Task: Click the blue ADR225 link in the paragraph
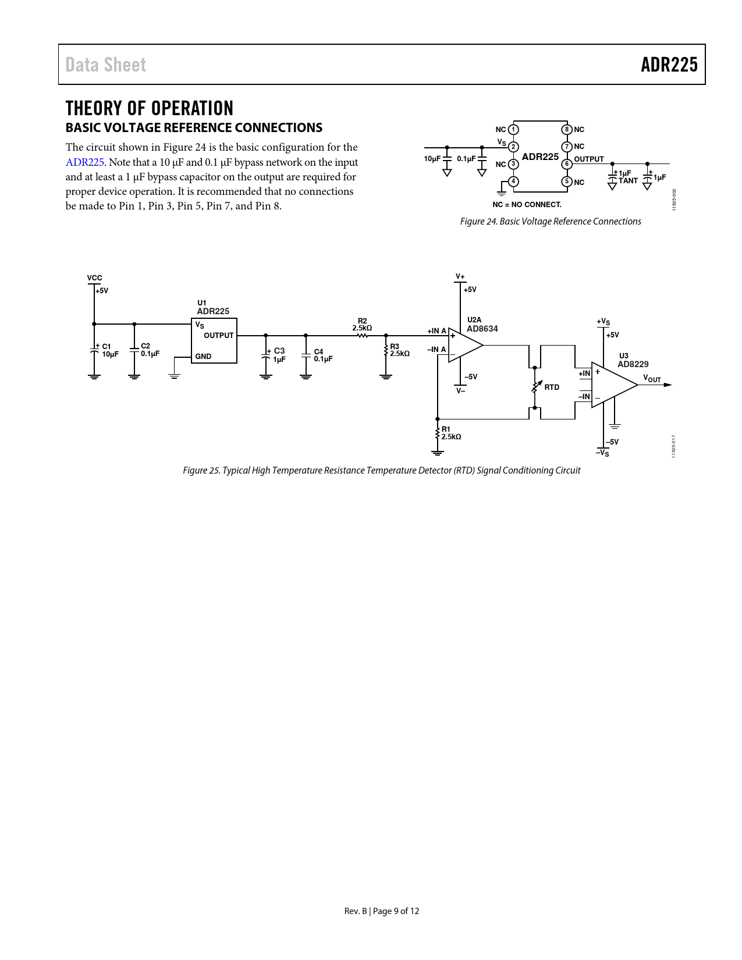[x=84, y=162]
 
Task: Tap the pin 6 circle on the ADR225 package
[x=567, y=164]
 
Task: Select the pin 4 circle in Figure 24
[x=513, y=182]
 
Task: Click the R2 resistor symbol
[x=363, y=335]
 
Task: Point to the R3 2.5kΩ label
[x=399, y=350]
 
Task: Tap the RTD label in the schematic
[x=552, y=387]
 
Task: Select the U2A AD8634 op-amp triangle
[x=464, y=344]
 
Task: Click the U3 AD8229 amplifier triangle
[x=612, y=385]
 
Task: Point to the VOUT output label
[x=652, y=379]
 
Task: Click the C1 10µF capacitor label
[x=110, y=350]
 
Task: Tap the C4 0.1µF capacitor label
[x=323, y=355]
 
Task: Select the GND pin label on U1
[x=203, y=357]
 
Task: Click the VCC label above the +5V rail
[x=94, y=278]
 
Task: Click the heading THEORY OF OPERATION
[x=150, y=108]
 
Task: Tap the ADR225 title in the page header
[x=669, y=65]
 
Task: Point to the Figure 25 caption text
[x=381, y=470]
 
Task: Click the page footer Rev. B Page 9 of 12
[x=381, y=911]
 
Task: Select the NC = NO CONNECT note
[x=527, y=205]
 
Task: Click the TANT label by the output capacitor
[x=628, y=181]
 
